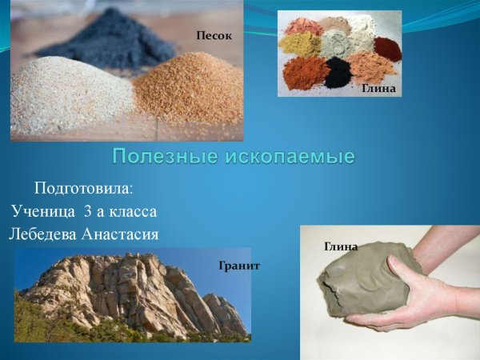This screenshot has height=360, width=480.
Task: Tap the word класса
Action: click(135, 211)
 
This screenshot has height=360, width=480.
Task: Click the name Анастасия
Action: click(122, 234)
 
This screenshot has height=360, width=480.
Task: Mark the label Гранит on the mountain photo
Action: click(239, 265)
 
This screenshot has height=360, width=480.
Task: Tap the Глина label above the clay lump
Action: click(340, 246)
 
